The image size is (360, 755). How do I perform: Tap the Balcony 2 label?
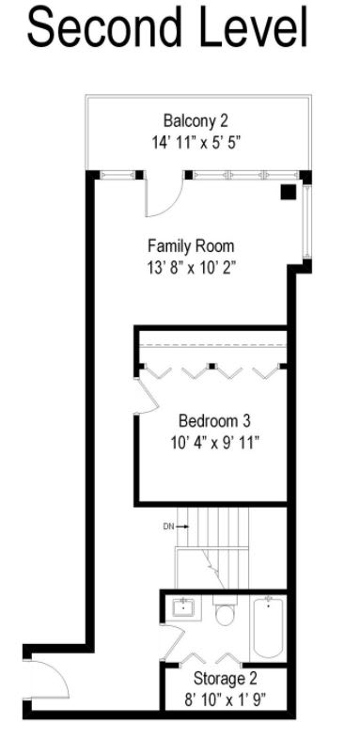(196, 120)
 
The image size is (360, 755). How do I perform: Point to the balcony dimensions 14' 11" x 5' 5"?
(196, 143)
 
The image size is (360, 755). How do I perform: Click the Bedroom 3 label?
(214, 420)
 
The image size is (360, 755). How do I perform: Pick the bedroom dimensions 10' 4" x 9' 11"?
(213, 442)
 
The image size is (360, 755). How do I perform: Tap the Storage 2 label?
(226, 678)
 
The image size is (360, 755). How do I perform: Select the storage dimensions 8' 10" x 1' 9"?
(226, 700)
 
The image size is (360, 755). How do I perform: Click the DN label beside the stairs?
(168, 527)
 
